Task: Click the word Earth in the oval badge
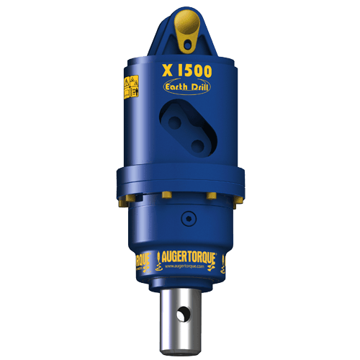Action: (176, 89)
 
